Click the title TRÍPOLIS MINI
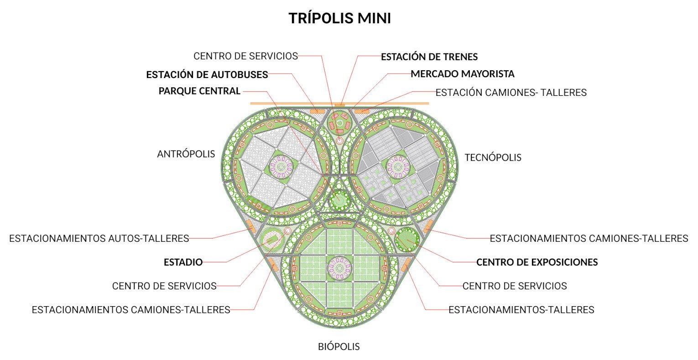339,19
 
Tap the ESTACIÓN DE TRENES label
429,57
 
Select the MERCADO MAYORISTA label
462,74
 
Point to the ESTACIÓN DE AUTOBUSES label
207,74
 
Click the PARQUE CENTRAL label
199,91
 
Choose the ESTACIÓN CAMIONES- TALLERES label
510,93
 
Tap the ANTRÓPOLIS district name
186,154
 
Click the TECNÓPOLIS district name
493,158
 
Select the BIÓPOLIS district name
339,347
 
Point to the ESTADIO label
183,262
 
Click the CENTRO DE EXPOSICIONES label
537,262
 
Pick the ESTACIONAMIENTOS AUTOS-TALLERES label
99,238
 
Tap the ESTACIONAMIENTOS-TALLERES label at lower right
521,310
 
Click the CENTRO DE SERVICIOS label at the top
245,56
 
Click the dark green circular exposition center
407,239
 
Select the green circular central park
339,200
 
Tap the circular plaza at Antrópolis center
281,167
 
